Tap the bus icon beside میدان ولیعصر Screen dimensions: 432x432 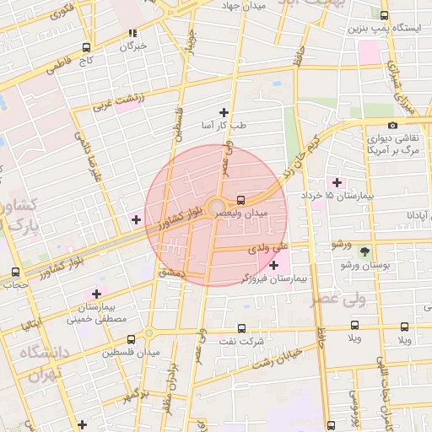pos(242,201)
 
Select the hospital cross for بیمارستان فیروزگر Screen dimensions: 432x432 pos(273,266)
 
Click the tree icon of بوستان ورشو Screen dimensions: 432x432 pos(364,251)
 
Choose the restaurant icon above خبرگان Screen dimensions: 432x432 pos(132,34)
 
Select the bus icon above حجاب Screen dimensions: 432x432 pos(15,273)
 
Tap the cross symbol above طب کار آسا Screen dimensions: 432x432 pos(224,112)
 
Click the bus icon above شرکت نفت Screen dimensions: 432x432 pos(241,328)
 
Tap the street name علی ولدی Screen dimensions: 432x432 pos(269,249)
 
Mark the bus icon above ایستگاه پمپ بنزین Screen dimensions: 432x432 pos(385,15)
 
